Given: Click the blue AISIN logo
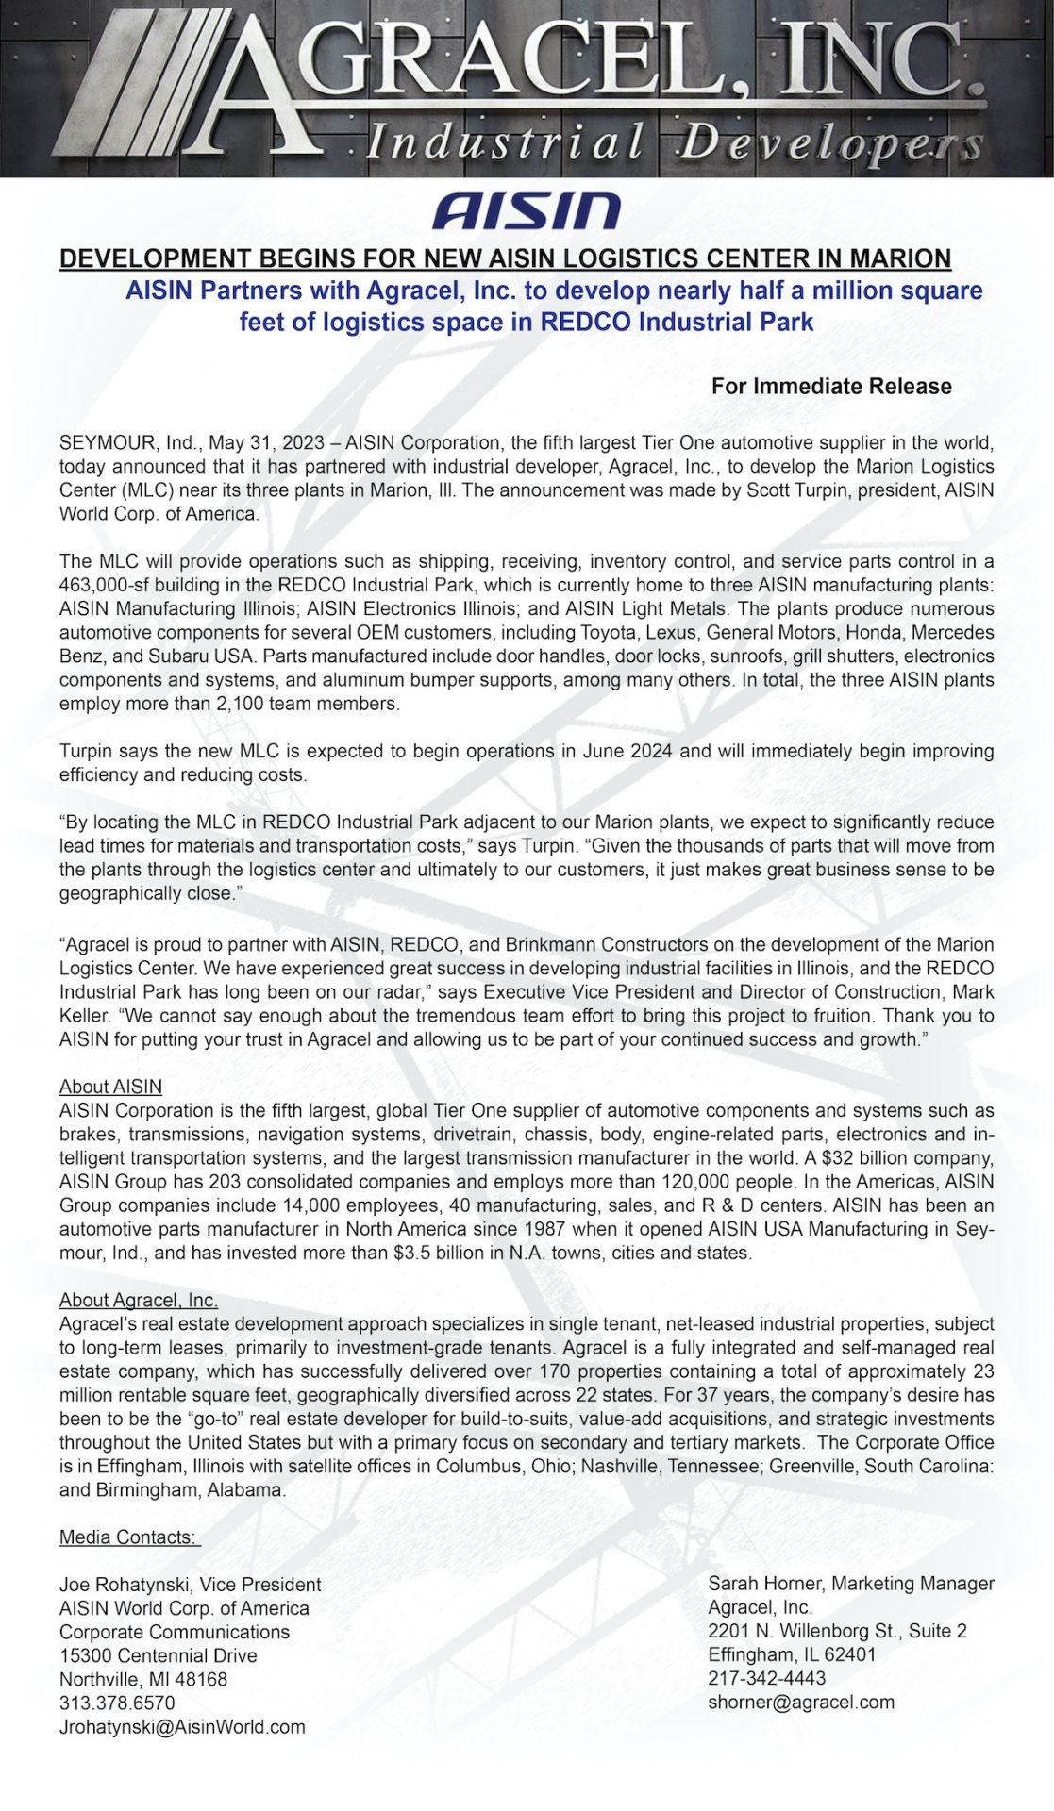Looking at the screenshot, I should (526, 211).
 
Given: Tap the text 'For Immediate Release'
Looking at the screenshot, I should (830, 386).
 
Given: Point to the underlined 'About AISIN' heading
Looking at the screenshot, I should (110, 1087).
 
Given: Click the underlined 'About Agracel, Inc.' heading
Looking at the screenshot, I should (139, 1300).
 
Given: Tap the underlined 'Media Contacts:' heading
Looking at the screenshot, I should (129, 1537).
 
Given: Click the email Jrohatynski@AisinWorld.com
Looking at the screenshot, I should (182, 1726).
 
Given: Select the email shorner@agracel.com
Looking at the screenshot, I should (800, 1702).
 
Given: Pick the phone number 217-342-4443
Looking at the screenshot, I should (766, 1678).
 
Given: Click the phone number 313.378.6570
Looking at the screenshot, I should (117, 1703).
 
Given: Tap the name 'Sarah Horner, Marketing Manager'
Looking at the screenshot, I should (850, 1584).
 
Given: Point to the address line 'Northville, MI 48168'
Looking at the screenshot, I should (143, 1679).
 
